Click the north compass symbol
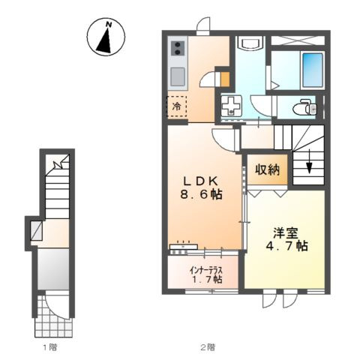[x=106, y=37]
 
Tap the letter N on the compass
[x=109, y=24]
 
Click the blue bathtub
[x=313, y=70]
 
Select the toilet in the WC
[x=305, y=107]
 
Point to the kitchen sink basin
[x=178, y=76]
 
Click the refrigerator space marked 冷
[x=177, y=106]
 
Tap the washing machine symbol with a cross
[x=231, y=106]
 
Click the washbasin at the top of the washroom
[x=250, y=42]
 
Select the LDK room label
[x=202, y=181]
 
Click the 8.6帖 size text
[x=202, y=194]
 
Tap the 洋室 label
[x=286, y=233]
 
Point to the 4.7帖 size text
[x=286, y=246]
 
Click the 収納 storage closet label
[x=267, y=170]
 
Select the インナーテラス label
[x=206, y=270]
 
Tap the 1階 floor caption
[x=50, y=347]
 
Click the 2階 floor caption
[x=208, y=347]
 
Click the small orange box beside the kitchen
[x=225, y=79]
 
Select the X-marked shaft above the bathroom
[x=298, y=40]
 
